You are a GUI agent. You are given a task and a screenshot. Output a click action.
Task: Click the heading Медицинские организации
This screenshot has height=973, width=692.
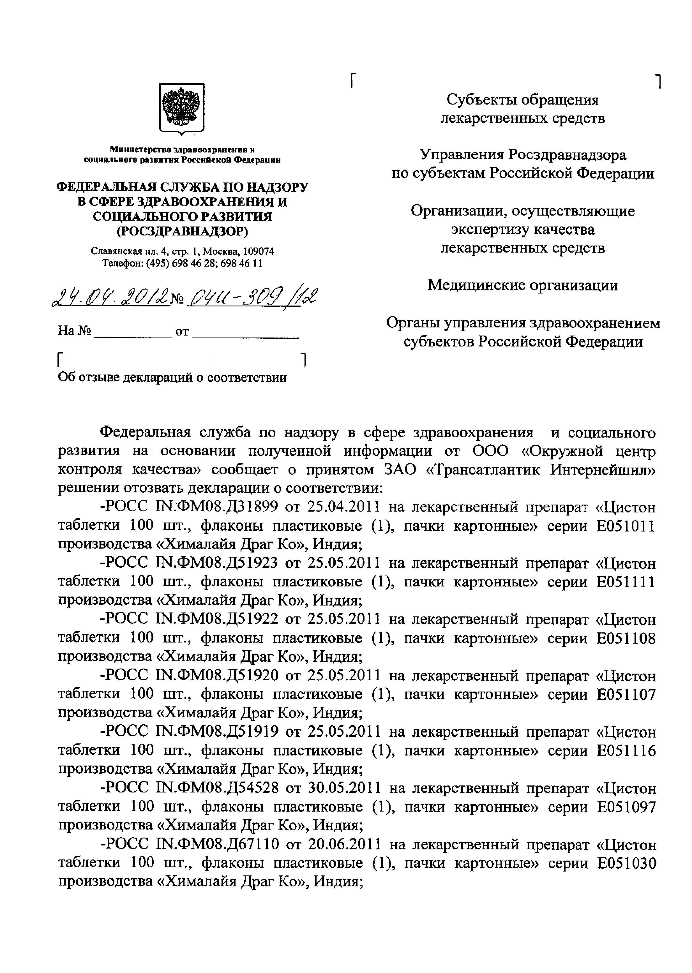click(x=523, y=285)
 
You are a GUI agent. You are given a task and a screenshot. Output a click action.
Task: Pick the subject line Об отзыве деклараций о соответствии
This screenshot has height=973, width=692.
click(x=172, y=377)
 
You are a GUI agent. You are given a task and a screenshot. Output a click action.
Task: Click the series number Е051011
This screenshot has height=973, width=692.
click(x=626, y=526)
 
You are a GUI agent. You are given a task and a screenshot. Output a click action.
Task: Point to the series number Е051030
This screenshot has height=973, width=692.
click(x=626, y=863)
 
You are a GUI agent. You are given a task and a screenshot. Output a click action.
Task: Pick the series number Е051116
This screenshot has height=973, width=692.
click(x=626, y=751)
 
